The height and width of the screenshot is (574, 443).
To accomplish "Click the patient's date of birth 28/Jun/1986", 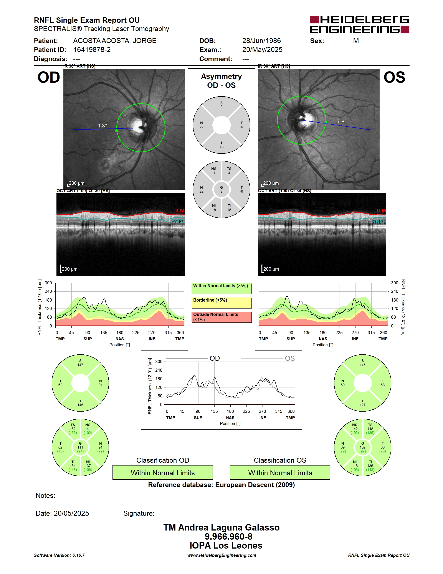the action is click(261, 41).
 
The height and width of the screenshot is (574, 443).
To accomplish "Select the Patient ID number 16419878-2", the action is click(92, 50).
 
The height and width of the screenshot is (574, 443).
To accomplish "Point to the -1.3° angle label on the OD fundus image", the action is click(101, 126).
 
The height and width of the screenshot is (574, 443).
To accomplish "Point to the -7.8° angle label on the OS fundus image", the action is click(341, 121).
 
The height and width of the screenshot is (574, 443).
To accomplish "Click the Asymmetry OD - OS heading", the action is click(221, 81).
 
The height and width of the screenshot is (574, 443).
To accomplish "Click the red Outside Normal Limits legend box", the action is click(221, 317).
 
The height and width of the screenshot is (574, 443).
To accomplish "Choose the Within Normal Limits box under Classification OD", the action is click(163, 472).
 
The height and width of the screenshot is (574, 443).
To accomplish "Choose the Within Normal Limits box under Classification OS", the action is click(280, 472).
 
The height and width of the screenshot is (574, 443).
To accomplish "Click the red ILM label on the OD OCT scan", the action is click(180, 210).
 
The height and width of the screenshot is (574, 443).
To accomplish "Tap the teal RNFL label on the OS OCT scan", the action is click(379, 222).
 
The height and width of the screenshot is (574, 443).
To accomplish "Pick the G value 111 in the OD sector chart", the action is click(80, 447).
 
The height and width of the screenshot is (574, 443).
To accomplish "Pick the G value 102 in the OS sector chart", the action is click(362, 447).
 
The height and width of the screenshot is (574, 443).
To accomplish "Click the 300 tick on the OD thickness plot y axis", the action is click(48, 283).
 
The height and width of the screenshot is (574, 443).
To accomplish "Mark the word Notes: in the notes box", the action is click(45, 496).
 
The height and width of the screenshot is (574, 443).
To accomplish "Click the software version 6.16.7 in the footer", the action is click(78, 555).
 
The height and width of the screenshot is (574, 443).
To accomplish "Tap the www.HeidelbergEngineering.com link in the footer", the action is click(222, 555).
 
